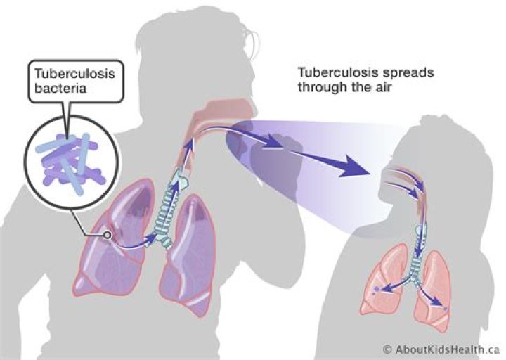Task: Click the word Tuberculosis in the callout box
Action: [x=74, y=74]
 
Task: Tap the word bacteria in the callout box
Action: [x=60, y=88]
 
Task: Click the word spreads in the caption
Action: [x=408, y=72]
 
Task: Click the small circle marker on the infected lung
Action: [x=107, y=236]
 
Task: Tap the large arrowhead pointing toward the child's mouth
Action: [x=353, y=166]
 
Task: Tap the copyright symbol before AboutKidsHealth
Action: [x=387, y=349]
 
